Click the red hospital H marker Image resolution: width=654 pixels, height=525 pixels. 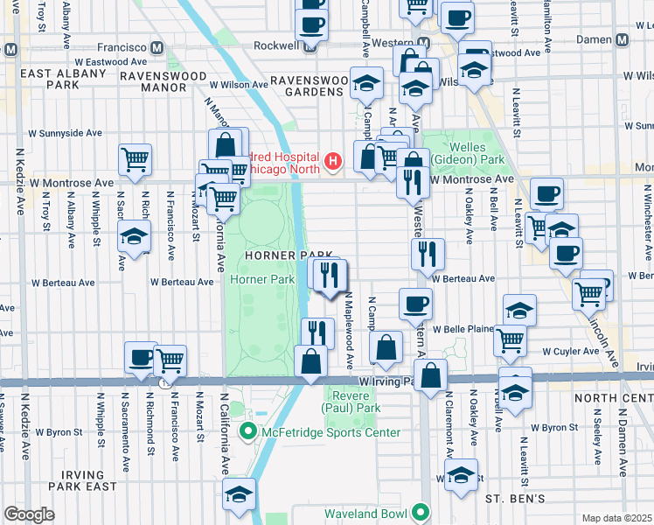332,161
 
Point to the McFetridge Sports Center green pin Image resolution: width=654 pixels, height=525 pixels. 248,431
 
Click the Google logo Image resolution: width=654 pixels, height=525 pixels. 29,514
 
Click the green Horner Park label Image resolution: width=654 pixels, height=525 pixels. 262,279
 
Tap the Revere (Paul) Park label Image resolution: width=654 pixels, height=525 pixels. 353,402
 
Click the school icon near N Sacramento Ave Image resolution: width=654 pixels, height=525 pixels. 134,237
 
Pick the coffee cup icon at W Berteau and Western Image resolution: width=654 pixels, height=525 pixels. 415,304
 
